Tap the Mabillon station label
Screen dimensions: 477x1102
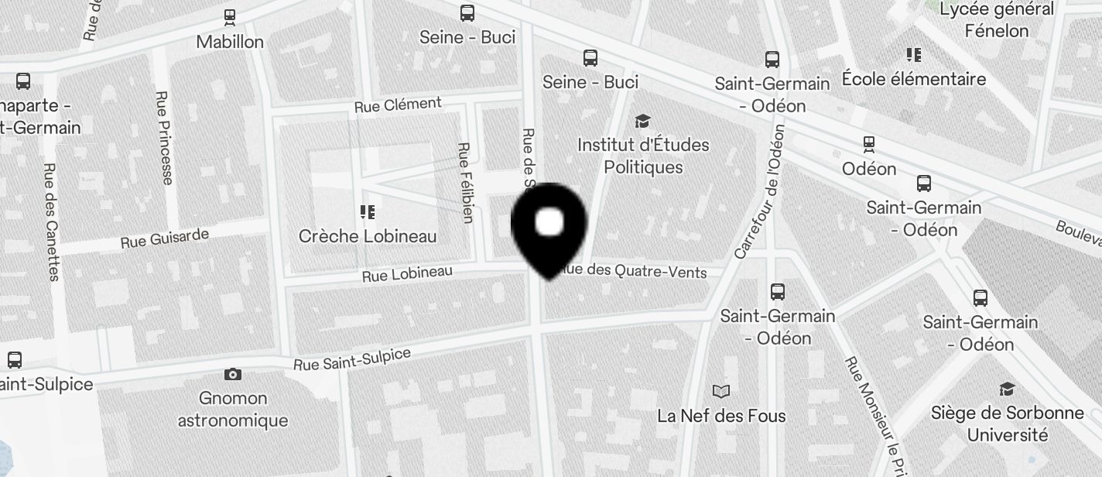[230, 42]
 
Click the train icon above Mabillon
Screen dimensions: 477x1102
[230, 15]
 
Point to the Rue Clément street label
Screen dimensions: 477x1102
[398, 105]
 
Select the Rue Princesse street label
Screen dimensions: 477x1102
[163, 138]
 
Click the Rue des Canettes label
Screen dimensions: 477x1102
[52, 221]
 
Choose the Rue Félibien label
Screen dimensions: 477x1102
[465, 182]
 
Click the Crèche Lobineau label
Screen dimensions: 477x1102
[368, 236]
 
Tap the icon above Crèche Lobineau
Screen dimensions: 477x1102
[368, 211]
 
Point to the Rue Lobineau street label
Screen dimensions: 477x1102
[407, 274]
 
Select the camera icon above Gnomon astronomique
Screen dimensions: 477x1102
[232, 375]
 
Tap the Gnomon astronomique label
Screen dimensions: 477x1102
[233, 410]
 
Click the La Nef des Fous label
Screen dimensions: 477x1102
[721, 416]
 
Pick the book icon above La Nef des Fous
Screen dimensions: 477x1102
[721, 391]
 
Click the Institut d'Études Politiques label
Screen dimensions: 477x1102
[643, 156]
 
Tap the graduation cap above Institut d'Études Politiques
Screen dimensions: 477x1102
[642, 121]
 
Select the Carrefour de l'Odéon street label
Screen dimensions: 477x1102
[760, 191]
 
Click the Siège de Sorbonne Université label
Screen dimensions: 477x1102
[1007, 424]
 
